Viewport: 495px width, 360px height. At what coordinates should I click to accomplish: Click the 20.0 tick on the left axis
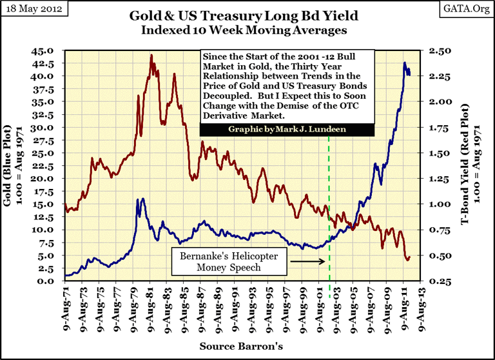pos(51,178)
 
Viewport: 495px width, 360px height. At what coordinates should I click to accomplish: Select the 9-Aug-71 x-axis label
pos(66,306)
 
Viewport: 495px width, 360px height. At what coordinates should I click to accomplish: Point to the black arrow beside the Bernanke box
pos(307,261)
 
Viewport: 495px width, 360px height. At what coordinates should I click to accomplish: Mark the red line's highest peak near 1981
pos(151,55)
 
